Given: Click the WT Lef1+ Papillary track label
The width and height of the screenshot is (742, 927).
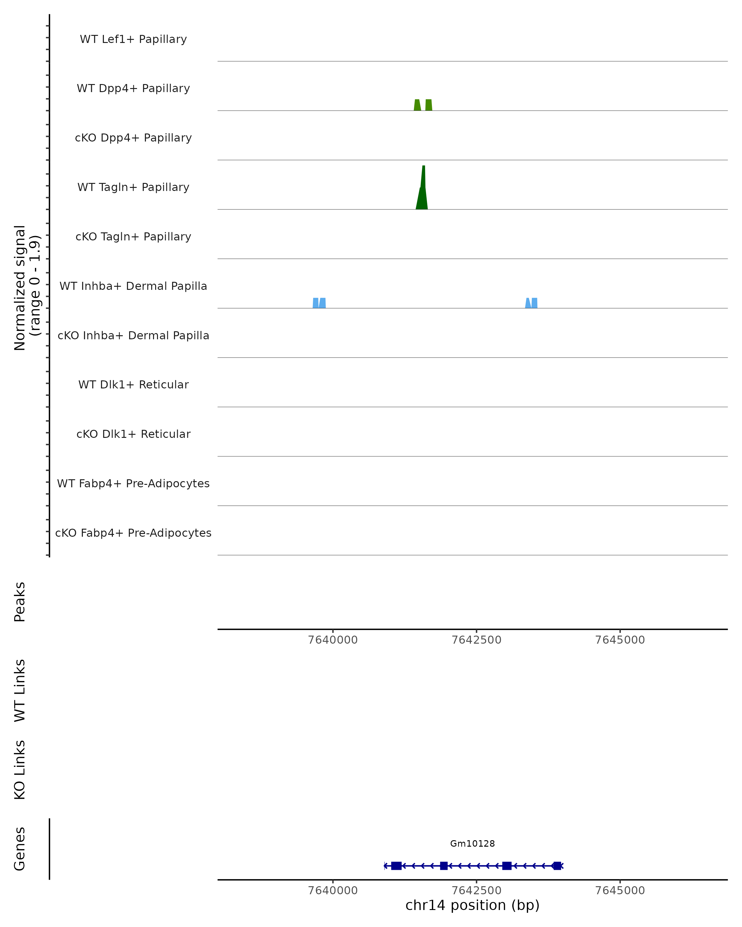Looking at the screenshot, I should pos(133,39).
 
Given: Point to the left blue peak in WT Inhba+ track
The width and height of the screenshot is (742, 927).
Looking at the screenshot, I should pos(319,303).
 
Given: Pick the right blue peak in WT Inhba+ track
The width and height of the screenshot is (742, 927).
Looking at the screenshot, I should pos(531,303).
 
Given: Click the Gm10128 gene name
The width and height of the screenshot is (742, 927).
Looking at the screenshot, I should pos(472,844).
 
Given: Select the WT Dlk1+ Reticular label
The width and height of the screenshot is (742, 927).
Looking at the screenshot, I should pos(133,385).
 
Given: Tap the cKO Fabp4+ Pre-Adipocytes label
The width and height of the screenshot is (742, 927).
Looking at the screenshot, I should pos(133,533).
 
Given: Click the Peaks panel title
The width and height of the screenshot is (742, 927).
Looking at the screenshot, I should pos(20,602).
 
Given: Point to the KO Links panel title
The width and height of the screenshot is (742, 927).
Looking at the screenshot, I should pos(20,770).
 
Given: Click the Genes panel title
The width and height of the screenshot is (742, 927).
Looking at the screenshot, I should pos(20,849).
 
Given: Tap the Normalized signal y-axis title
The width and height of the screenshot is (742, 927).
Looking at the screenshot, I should pos(27,288).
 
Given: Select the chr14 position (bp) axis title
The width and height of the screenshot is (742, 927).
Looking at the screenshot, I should pos(472,905).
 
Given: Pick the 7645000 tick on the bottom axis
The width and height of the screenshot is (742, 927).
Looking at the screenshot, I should pos(620,891).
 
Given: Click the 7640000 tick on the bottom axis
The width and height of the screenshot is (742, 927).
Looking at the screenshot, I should pos(333,891).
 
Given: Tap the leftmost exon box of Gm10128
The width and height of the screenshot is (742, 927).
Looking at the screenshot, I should pos(396,866).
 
